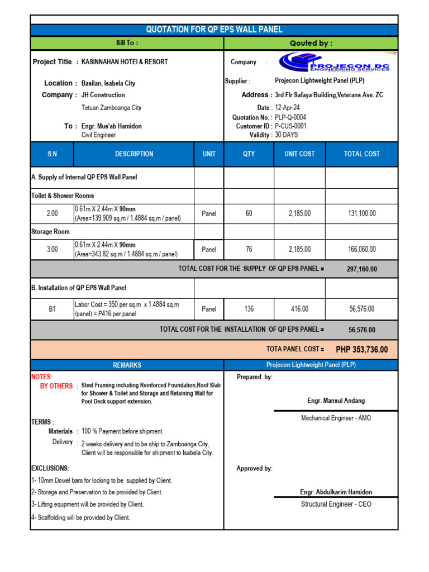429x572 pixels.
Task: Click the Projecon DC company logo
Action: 337,62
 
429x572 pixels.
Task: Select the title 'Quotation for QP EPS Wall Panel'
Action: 214,30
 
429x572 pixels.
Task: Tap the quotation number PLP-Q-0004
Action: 290,117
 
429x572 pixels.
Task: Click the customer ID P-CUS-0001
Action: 290,126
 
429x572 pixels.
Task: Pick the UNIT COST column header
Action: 299,154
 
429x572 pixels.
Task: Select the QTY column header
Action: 249,154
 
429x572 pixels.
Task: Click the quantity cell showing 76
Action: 249,249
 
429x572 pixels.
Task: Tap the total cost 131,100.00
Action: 361,213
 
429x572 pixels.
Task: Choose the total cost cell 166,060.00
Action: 361,249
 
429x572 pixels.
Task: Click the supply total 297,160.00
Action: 361,269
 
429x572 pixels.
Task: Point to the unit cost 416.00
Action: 299,308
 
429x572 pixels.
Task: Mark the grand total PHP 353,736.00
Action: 361,350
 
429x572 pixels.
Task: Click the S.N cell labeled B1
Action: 52,308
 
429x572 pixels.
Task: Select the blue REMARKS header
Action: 127,365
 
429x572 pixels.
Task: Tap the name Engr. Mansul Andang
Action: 336,401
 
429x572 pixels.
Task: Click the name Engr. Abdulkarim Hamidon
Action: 336,492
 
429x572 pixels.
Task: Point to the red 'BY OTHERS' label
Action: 56,386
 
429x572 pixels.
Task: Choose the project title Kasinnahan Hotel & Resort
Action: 125,62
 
